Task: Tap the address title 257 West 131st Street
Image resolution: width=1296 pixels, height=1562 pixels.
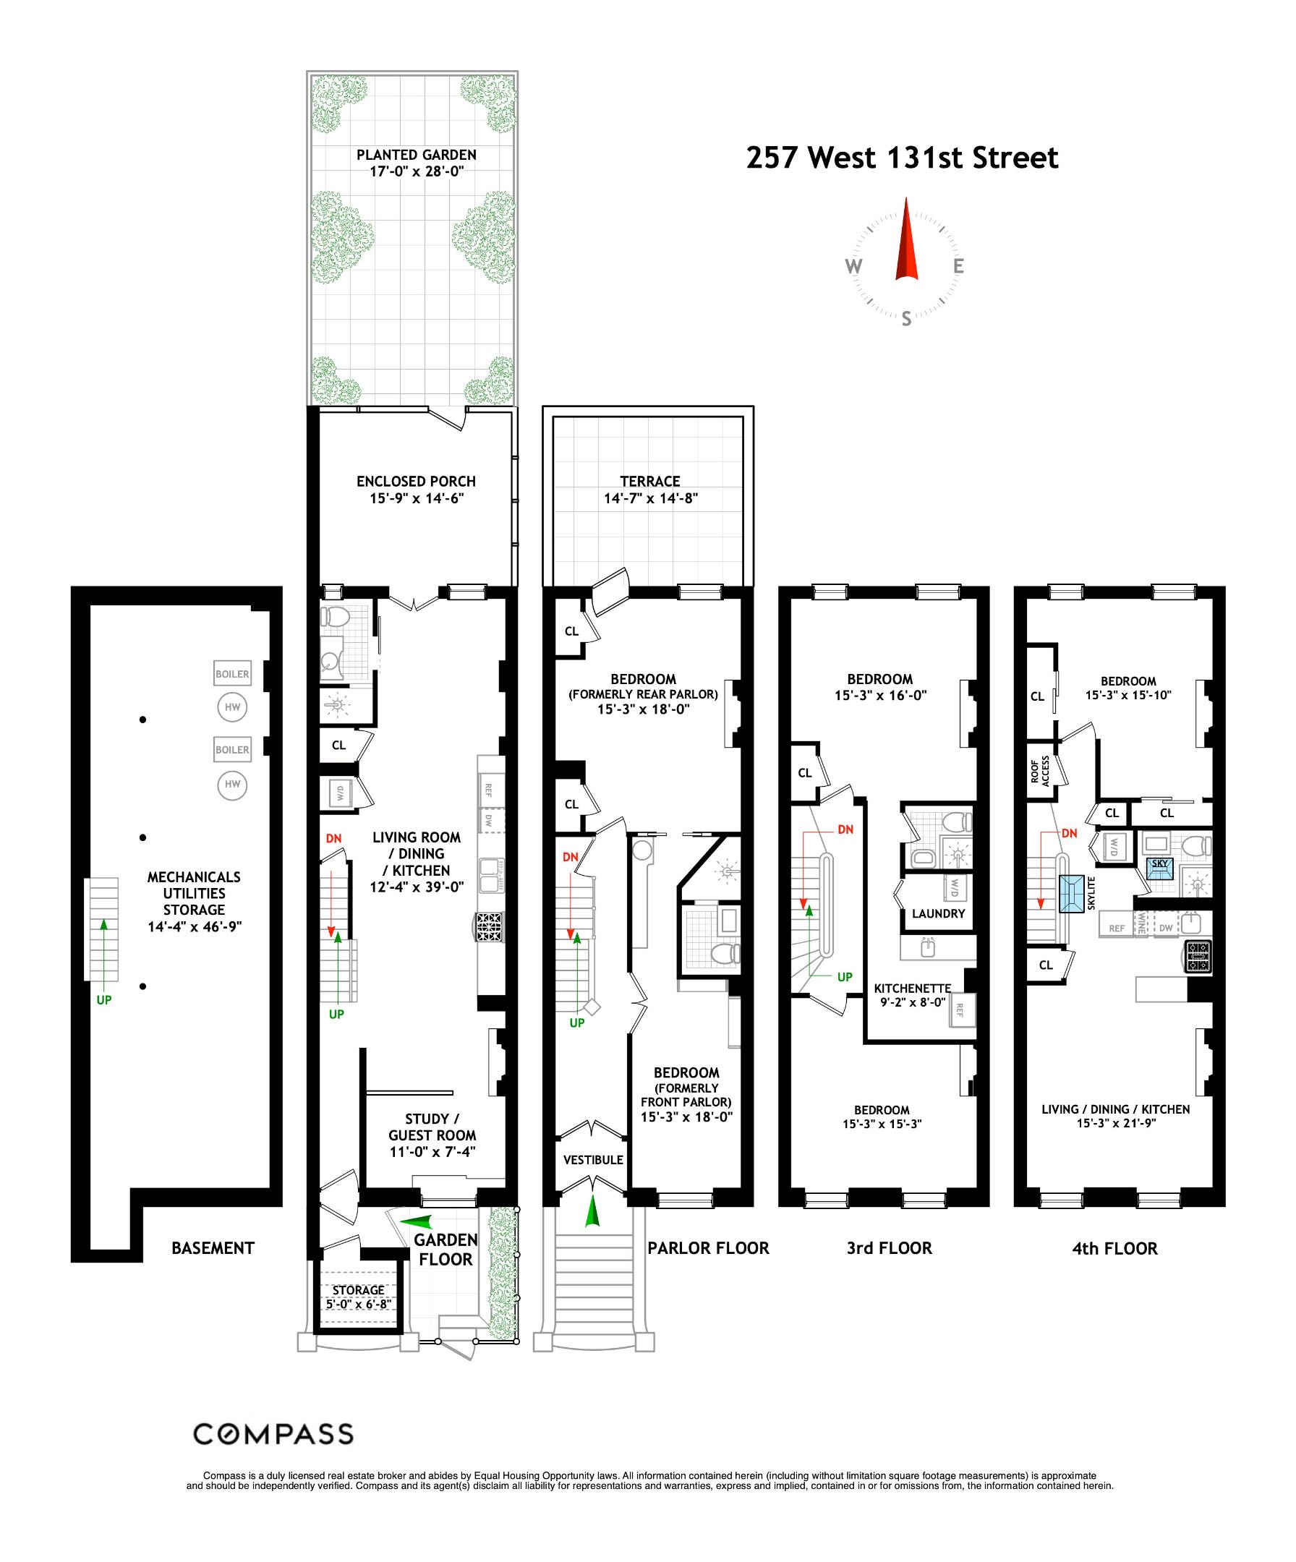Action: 902,158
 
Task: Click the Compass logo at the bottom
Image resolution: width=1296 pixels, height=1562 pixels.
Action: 273,1433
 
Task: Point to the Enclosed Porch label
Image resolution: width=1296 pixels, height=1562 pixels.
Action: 416,490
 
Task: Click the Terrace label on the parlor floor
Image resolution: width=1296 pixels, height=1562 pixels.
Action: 650,490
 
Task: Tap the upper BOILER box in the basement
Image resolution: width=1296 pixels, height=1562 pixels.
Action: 232,674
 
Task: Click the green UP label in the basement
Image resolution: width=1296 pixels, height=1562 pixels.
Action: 104,1000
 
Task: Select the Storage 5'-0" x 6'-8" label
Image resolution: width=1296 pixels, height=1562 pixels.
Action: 358,1297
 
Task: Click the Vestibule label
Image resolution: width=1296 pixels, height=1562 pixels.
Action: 593,1160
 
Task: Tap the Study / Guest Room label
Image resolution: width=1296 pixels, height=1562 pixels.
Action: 432,1135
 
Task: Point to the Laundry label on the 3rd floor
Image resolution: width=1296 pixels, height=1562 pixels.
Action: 938,913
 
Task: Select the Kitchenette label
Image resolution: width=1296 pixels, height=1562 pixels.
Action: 912,994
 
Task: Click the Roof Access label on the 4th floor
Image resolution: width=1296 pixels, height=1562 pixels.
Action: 1039,772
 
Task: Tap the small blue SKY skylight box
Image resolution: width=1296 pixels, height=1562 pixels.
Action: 1159,865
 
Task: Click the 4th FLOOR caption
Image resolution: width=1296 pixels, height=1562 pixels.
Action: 1114,1249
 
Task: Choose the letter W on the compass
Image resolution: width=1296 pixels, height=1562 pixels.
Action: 853,266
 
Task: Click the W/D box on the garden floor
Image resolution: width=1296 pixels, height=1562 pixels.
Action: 339,793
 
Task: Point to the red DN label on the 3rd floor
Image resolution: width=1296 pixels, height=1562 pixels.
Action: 845,829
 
